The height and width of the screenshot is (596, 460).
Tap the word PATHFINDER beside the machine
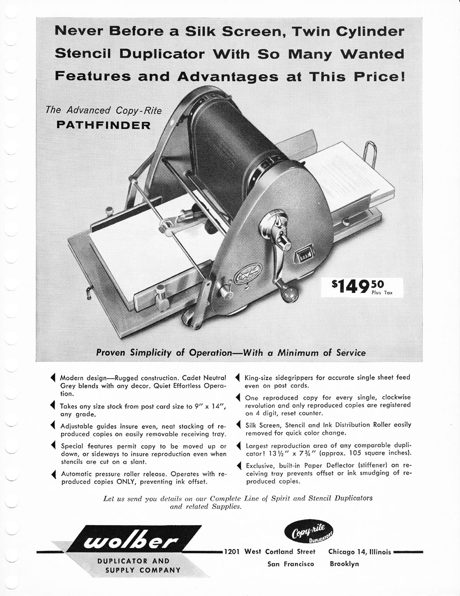click(103, 125)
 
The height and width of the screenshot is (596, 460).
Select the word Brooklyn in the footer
click(344, 564)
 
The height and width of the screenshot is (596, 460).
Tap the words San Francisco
click(291, 564)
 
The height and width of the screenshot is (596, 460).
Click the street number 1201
click(232, 552)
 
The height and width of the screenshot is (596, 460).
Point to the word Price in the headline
click(379, 76)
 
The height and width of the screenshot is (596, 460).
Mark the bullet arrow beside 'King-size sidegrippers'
click(238, 378)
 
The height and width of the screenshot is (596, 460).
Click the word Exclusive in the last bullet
click(262, 465)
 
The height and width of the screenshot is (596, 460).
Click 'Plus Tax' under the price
click(382, 292)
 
